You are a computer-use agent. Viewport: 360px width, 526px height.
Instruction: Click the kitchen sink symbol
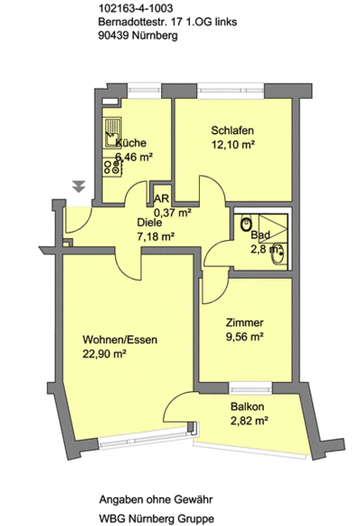pos(112,133)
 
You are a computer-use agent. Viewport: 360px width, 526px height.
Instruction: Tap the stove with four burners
pos(112,167)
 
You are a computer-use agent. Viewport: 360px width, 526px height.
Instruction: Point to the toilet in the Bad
pos(247,224)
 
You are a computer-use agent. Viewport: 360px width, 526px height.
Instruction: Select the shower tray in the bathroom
pos(273,228)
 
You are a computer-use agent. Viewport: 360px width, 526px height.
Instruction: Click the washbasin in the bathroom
pos(278,254)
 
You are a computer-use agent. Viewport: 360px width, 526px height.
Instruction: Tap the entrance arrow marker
pos(79,186)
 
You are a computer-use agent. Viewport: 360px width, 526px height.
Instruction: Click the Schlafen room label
pos(232,130)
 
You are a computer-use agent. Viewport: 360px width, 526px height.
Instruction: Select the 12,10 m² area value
pos(232,145)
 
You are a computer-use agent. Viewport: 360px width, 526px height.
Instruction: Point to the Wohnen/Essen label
pos(120,340)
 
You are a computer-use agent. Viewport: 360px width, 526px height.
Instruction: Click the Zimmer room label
pos(245,323)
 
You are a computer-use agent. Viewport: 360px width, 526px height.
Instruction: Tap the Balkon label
pos(247,406)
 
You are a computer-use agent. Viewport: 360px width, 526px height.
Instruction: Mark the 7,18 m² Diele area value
pos(156,236)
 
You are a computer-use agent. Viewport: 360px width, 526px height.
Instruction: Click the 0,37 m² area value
pos(173,212)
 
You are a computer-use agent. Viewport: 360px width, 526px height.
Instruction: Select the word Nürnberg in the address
pos(155,35)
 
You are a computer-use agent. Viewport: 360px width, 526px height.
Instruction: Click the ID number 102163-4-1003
pos(136,8)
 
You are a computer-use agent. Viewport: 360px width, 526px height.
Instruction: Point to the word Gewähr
pos(193,500)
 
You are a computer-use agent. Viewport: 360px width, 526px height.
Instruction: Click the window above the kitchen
pos(145,91)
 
